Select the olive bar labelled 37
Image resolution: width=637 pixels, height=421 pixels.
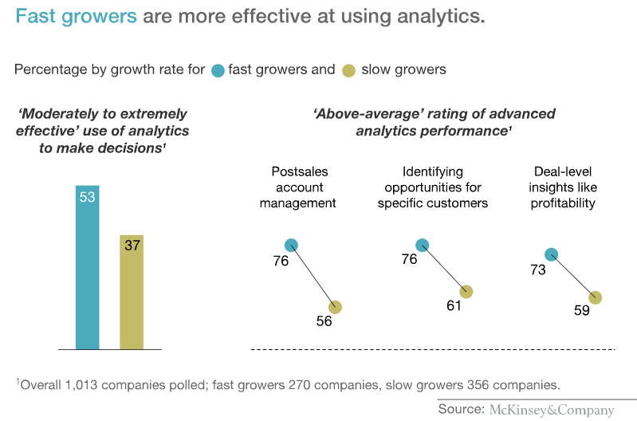pyautogui.click(x=132, y=292)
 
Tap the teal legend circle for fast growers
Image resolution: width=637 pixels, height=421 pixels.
pyautogui.click(x=218, y=70)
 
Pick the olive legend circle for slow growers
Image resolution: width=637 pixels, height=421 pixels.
pyautogui.click(x=348, y=70)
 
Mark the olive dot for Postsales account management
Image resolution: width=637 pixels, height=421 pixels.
pyautogui.click(x=335, y=307)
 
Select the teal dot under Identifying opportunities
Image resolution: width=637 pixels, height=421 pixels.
pyautogui.click(x=422, y=245)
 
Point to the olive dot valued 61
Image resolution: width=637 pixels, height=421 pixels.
pyautogui.click(x=466, y=292)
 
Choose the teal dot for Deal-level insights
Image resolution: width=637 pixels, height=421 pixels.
pyautogui.click(x=551, y=254)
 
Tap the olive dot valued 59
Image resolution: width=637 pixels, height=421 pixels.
pyautogui.click(x=595, y=297)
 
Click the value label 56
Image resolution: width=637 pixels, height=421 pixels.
pyautogui.click(x=323, y=321)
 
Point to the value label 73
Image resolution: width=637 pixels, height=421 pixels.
pyautogui.click(x=537, y=270)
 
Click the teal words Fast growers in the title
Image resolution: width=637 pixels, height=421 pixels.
pyautogui.click(x=76, y=17)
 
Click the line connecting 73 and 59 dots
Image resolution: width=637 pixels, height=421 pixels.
pyautogui.click(x=572, y=276)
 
